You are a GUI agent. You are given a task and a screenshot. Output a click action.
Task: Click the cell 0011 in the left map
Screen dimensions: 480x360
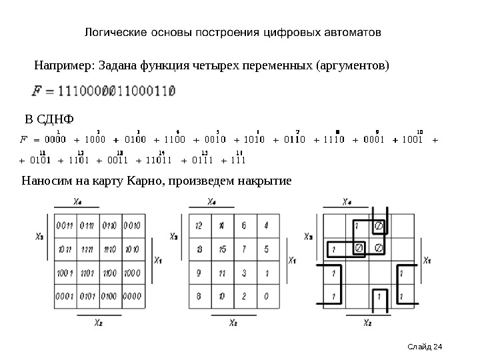[65, 225]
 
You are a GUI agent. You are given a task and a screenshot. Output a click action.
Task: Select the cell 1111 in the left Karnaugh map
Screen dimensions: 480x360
[88, 249]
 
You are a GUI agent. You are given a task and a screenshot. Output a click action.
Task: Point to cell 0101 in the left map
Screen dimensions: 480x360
[88, 295]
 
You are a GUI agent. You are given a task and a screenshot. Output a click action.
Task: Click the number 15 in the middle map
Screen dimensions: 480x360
[222, 249]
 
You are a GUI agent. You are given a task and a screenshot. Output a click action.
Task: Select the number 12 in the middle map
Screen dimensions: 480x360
[199, 225]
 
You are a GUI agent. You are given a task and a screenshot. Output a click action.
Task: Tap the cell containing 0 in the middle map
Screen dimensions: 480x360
[266, 295]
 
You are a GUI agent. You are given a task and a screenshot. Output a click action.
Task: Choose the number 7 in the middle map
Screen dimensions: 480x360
[244, 249]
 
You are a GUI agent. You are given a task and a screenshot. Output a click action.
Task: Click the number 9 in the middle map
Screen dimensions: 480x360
[199, 272]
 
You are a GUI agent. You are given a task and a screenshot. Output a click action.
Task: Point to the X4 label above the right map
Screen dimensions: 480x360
[348, 202]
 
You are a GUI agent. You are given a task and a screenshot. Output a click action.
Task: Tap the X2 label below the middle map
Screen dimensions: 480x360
[233, 323]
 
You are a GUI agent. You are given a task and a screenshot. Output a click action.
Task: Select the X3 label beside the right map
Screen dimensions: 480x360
[309, 236]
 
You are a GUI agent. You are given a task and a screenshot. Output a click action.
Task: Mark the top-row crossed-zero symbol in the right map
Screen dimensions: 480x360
[379, 226]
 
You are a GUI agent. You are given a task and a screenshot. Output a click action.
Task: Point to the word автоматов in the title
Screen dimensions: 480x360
[352, 32]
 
